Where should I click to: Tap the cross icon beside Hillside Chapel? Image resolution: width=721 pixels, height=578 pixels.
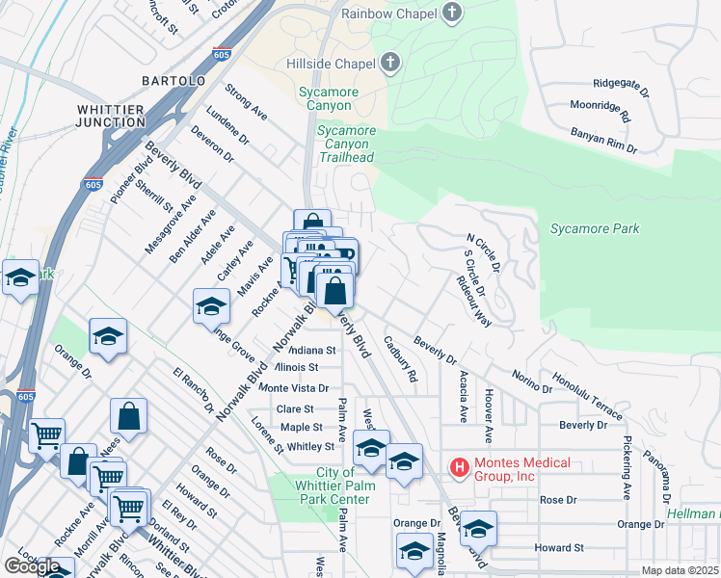click(x=390, y=64)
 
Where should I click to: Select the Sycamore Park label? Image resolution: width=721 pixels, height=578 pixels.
click(x=595, y=229)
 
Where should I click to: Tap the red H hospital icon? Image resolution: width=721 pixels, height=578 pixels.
click(x=460, y=468)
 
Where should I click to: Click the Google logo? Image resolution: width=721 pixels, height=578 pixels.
click(x=32, y=566)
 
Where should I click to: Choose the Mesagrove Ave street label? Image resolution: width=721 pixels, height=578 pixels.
click(x=157, y=223)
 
